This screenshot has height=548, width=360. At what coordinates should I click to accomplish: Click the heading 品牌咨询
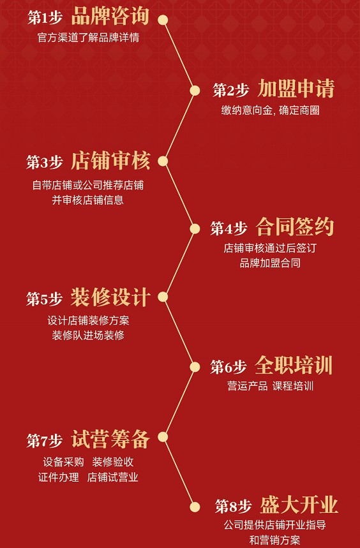[x=110, y=16]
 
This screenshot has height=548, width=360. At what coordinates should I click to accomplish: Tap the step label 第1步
[x=45, y=18]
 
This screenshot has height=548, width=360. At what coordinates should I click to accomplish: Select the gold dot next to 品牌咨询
[x=163, y=20]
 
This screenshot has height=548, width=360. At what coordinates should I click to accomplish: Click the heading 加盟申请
[x=296, y=89]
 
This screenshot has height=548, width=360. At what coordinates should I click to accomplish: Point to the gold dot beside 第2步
[x=195, y=91]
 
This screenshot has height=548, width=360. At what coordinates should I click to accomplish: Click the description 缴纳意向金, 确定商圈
[x=270, y=110]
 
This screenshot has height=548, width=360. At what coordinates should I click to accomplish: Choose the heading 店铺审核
[x=110, y=161]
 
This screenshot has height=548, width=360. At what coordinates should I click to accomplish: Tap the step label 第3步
[x=45, y=163]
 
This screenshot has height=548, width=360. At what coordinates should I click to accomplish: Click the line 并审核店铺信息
[x=87, y=200]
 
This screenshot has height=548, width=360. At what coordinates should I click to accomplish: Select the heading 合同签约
[x=295, y=227]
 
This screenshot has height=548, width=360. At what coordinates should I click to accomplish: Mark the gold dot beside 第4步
[x=195, y=229]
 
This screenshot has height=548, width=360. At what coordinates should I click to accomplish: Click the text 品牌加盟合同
[x=270, y=263]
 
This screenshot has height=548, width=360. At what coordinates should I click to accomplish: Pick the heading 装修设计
[x=110, y=297]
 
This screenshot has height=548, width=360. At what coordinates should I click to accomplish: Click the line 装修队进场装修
[x=88, y=335]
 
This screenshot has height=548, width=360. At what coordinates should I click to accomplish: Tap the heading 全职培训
[x=294, y=365]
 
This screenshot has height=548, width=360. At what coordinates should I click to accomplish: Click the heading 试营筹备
[x=110, y=439]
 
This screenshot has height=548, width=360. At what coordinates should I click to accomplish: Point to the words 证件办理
[x=59, y=477]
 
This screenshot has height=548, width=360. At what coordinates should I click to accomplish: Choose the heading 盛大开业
[x=299, y=505]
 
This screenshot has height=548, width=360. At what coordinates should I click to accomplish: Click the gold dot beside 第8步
[x=195, y=507]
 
